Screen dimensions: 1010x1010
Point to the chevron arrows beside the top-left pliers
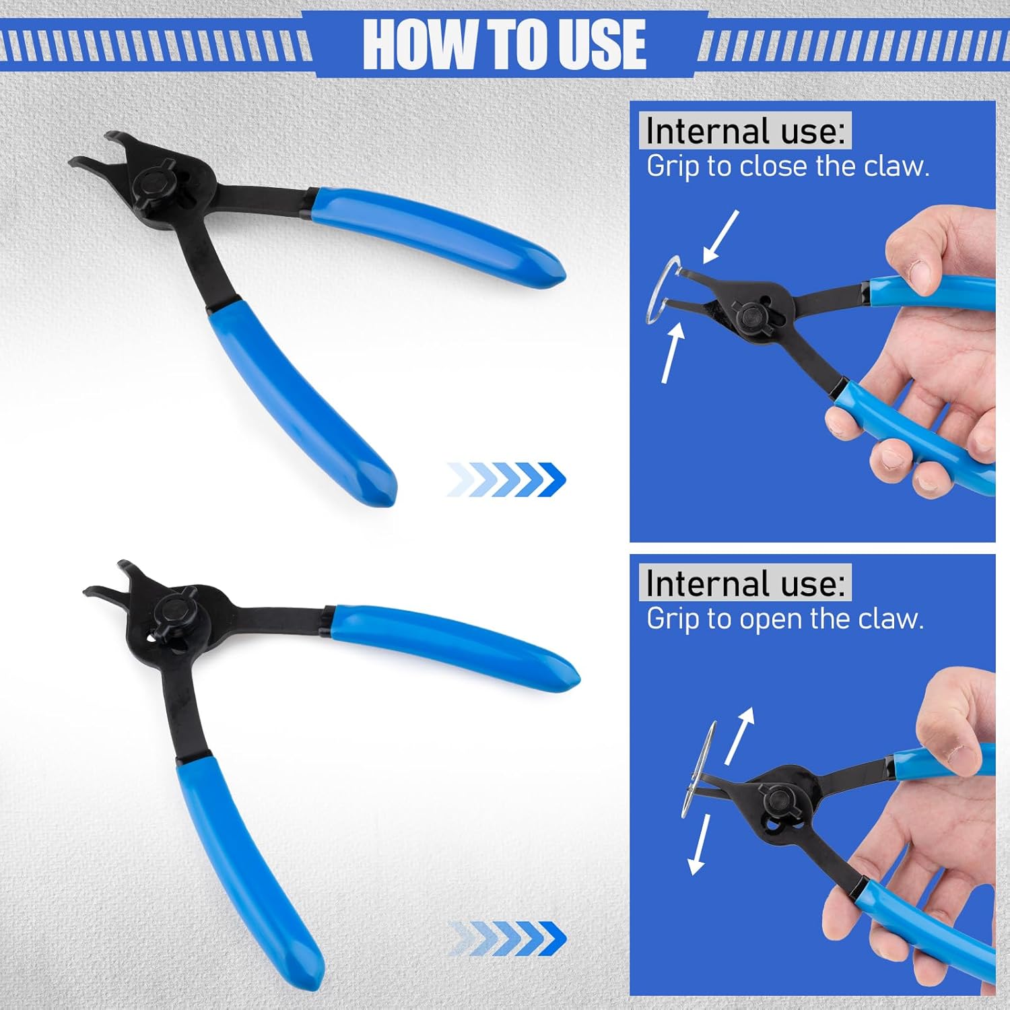click(506, 480)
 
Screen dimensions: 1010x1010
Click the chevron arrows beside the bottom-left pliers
click(506, 938)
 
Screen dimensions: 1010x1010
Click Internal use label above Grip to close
click(745, 131)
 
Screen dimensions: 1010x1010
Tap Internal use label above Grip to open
click(745, 583)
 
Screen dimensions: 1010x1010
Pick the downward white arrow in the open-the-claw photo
click(700, 845)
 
